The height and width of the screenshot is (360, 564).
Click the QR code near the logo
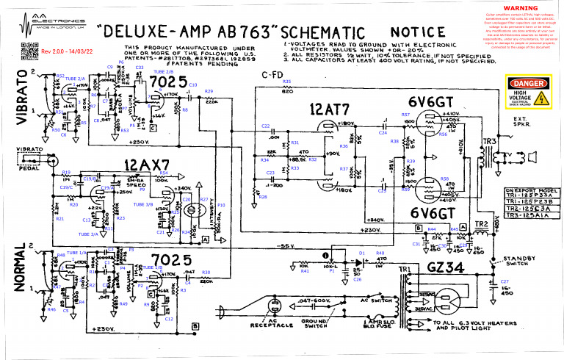(x=30, y=51)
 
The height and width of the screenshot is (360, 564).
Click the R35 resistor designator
(x=286, y=82)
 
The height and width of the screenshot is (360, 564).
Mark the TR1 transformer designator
(x=403, y=270)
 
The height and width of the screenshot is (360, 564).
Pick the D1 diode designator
(x=361, y=253)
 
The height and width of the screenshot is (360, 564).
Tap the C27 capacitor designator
(x=504, y=282)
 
